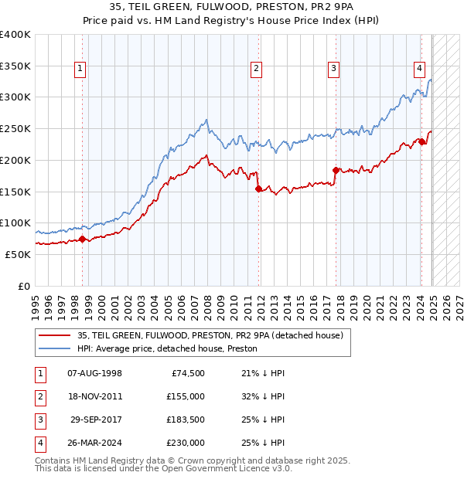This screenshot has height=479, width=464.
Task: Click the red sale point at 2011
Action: click(258, 189)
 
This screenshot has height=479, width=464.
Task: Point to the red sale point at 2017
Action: click(336, 170)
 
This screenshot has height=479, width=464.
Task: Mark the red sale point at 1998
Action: click(83, 239)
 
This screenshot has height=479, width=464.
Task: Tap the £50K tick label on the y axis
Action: click(18, 254)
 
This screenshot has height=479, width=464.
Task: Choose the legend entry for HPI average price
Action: click(167, 349)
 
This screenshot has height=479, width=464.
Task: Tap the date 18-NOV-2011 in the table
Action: click(95, 397)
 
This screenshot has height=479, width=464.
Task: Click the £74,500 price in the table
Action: click(188, 374)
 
